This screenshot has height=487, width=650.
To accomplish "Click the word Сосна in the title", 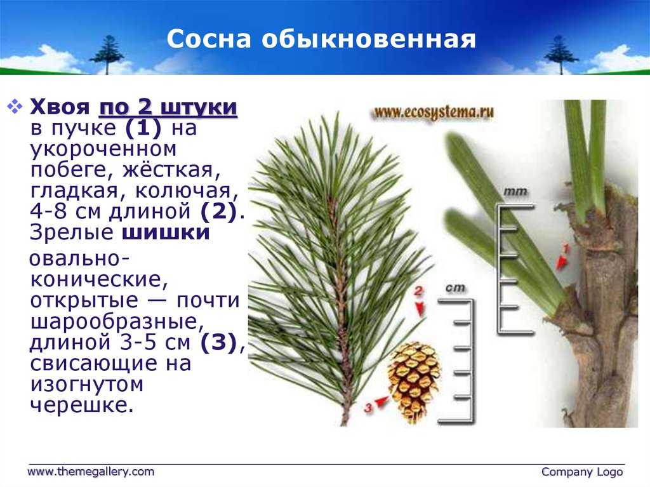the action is click(x=208, y=39).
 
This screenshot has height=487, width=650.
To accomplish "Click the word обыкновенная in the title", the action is click(x=369, y=39).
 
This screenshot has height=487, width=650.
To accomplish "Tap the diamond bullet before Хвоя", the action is click(x=15, y=107).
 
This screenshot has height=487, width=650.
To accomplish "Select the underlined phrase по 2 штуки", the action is click(x=168, y=107).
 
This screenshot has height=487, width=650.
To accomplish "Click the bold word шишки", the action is click(x=166, y=232).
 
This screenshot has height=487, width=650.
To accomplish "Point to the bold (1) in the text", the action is click(x=143, y=128).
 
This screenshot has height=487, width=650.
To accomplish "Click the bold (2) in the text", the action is click(x=218, y=211).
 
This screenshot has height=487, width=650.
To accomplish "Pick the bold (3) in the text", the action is click(x=218, y=343).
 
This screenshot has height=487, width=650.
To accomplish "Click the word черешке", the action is click(x=82, y=405).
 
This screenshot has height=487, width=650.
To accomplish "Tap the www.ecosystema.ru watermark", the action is click(x=434, y=113).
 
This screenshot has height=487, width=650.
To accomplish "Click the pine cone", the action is click(x=413, y=382).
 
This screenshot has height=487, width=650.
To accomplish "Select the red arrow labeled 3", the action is click(x=381, y=401).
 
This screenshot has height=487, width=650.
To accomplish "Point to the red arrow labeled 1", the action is click(x=561, y=262).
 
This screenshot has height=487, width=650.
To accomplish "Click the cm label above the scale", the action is click(x=455, y=288).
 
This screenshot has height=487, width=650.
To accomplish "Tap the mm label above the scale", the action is click(x=515, y=192).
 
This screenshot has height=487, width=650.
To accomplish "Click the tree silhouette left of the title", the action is click(x=106, y=55).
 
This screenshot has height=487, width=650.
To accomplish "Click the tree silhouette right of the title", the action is click(x=560, y=55).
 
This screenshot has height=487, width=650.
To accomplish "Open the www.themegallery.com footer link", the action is click(x=91, y=472).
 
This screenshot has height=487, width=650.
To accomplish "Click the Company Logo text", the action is click(x=582, y=472).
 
